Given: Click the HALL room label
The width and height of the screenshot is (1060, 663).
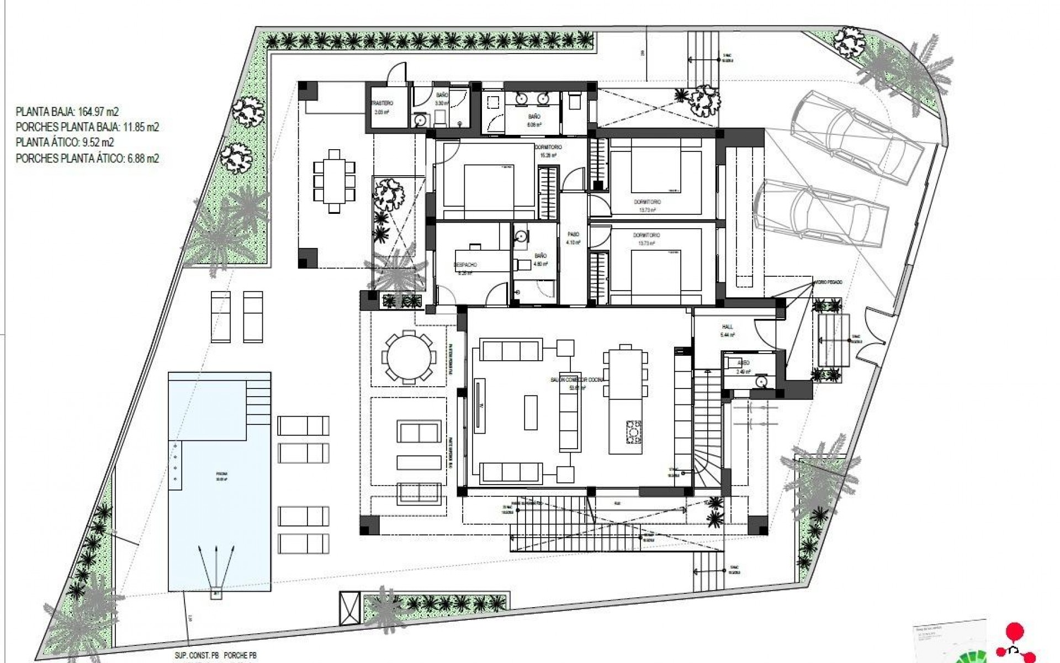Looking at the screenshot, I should coord(727,327).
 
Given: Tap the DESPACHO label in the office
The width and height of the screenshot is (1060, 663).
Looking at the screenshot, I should coord(465,265).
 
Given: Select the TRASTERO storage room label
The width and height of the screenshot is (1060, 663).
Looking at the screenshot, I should coord(381,103).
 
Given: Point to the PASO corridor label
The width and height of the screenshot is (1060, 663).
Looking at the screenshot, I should coord(572,234).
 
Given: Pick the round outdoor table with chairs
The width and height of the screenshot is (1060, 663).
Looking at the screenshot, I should coord(408,357).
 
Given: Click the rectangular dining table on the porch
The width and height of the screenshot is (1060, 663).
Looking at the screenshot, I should coord(334,181).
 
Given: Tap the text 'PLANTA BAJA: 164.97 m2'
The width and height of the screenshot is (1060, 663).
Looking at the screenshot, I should coord(67,112).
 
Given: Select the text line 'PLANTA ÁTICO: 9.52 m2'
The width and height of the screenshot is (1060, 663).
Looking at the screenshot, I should coord(65,143).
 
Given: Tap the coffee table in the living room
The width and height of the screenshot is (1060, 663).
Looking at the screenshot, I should coord(531,412).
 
